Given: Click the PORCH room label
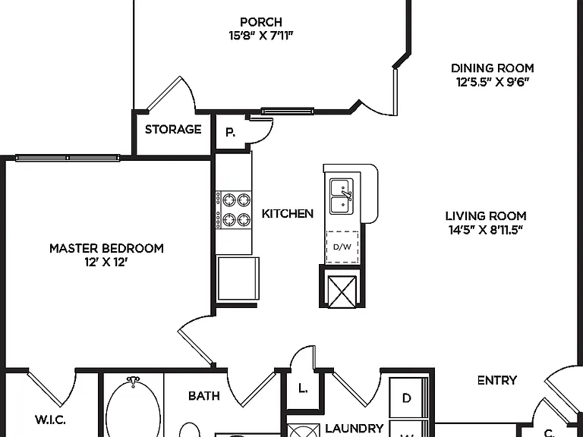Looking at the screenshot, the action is point(261,22).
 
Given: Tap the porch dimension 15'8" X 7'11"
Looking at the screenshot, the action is point(261,36).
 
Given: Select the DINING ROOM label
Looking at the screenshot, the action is point(492,68).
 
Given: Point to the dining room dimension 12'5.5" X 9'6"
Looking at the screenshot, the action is point(492,82).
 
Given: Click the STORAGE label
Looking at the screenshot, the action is point(173,129).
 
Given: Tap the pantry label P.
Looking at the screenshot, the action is point(231,132).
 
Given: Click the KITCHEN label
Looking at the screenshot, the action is point(288,214).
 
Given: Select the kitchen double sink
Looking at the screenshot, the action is point(342,196).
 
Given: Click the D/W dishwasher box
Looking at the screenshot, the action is point(342,247).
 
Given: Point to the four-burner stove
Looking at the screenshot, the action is point(234,210).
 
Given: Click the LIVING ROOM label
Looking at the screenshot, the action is point(486,216).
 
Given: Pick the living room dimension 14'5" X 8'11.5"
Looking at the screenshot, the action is point(486,230).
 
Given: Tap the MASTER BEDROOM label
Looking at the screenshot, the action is point(106,248).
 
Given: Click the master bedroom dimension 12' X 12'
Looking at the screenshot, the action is point(106,263).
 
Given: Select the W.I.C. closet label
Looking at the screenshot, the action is point(51,420).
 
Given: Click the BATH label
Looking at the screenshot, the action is point(203,396).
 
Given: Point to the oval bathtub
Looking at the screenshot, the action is point(133,408).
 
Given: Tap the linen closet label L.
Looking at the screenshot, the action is point(303,388).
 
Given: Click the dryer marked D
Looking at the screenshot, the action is point(407,398).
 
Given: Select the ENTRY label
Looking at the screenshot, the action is point(496,380).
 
